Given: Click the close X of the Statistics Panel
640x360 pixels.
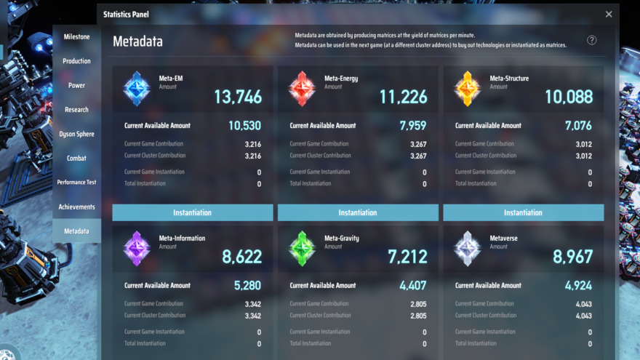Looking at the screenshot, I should [x=609, y=14].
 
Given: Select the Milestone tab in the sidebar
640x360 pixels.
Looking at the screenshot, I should [x=76, y=36].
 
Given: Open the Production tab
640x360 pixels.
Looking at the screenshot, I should [x=76, y=61].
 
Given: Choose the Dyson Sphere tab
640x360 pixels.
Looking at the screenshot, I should [x=76, y=134].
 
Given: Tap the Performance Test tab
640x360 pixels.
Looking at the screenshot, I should [x=76, y=183].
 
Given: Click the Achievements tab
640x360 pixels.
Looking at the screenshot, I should [x=76, y=207].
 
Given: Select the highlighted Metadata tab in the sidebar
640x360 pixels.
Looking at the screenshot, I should [x=76, y=231].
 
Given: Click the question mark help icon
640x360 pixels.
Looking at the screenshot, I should [x=592, y=41].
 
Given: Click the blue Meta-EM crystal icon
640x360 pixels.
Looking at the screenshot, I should [x=136, y=88].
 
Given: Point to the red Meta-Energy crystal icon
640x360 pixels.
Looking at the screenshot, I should [x=301, y=88].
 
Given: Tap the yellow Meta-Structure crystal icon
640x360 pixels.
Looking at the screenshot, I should [x=466, y=88].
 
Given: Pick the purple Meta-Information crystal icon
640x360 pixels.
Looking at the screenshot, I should [x=136, y=248].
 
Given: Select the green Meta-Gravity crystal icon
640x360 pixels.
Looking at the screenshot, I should [x=301, y=248].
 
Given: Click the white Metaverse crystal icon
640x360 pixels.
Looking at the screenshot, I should [x=466, y=248].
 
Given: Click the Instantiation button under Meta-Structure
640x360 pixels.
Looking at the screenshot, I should [x=523, y=212].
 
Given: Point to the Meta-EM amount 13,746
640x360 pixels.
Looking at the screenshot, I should [x=237, y=97].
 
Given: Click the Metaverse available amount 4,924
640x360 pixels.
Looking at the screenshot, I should [x=578, y=286].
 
